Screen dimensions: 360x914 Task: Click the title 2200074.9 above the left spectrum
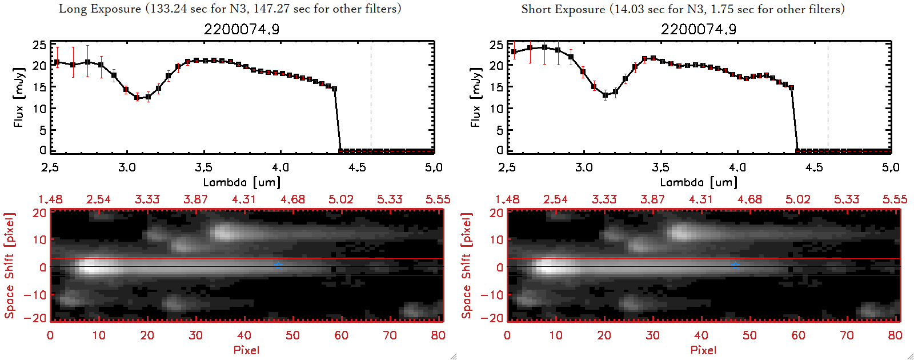tap(242, 29)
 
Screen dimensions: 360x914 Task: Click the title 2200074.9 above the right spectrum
tap(699, 29)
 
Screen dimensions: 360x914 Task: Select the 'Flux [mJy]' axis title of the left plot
tap(19, 97)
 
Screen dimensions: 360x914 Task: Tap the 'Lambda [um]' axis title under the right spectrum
tap(699, 182)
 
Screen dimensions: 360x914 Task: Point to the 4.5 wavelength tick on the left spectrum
tap(357, 167)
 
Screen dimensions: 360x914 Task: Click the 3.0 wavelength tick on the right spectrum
tap(584, 167)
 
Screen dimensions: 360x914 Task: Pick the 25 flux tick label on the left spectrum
tap(39, 45)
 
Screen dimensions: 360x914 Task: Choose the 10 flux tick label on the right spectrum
tap(496, 109)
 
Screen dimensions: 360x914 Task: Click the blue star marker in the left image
tap(278, 265)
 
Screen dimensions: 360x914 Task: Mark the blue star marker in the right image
tap(735, 265)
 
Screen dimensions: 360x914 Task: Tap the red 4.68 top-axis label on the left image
tap(292, 199)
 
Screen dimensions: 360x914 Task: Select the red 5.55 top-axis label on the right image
tap(895, 199)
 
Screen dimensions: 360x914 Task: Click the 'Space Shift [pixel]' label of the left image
tap(10, 266)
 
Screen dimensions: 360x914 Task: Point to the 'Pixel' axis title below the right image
tap(703, 350)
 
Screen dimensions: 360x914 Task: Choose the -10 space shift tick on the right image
tap(492, 294)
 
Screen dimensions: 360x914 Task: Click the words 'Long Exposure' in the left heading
tap(100, 9)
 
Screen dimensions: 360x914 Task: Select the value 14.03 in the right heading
tap(628, 9)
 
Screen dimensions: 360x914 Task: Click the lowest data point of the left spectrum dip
tap(137, 98)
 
